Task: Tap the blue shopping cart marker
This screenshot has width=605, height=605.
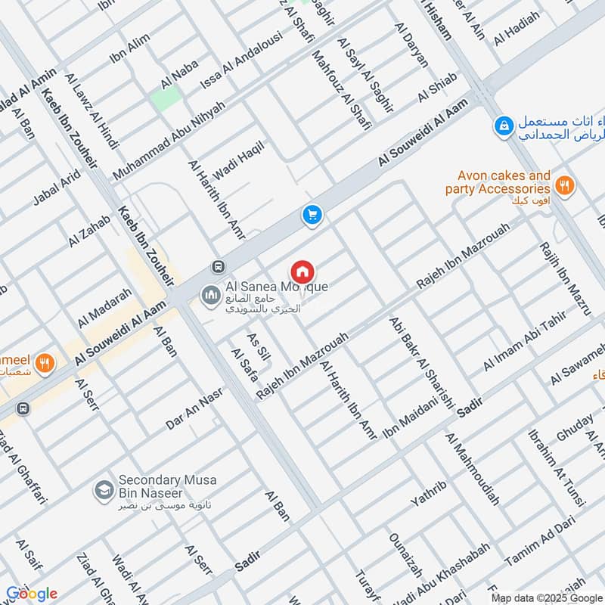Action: (312, 216)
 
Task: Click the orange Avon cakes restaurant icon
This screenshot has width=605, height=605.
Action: (563, 183)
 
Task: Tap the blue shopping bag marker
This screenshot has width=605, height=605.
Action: (503, 127)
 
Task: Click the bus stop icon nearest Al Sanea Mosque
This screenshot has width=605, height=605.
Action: (219, 267)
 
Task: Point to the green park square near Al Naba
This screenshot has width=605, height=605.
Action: (166, 98)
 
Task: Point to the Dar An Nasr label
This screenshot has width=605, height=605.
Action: (195, 409)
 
